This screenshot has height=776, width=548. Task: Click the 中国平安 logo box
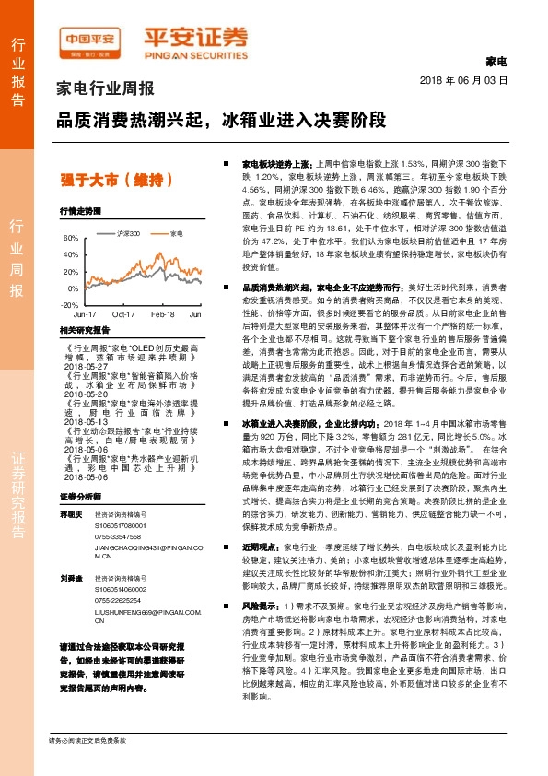[91, 38]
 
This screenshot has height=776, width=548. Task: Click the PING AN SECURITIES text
[195, 52]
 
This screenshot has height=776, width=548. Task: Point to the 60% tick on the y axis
[69, 238]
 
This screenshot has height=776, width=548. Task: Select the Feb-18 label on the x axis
[162, 314]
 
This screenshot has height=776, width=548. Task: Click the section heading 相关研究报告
[84, 329]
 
